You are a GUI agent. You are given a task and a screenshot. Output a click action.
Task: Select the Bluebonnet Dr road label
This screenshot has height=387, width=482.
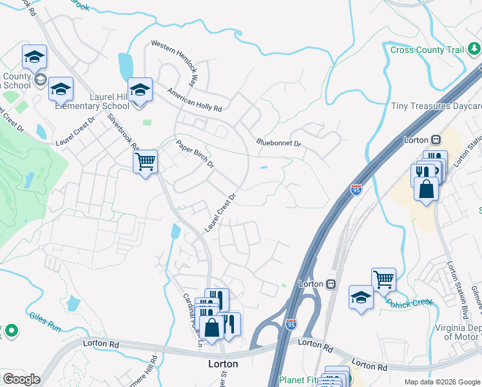pos(278,142)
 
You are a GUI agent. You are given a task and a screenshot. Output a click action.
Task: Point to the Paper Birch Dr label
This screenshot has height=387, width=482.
pos(195,155)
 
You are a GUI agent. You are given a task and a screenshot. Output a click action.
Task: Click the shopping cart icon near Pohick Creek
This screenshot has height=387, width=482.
pos(383,279)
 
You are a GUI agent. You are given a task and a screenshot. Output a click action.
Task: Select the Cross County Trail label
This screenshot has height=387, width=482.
pos(427,50)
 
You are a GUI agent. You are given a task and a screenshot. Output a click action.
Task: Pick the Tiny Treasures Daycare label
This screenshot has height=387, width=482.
pos(436,106)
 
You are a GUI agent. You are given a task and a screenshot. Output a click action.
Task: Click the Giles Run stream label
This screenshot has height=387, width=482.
pos(44,321)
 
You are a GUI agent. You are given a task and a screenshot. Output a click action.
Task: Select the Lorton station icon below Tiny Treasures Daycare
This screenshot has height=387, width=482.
pos(436,139)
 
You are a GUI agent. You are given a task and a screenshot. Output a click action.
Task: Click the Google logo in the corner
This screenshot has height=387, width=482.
pos(21,379)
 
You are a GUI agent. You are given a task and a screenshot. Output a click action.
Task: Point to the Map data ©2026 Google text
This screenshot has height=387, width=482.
pos(441,382)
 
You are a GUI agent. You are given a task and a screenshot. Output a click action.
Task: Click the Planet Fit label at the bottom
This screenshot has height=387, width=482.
pos(299,381)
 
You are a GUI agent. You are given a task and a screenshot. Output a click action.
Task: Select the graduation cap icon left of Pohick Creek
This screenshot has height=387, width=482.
pos(361,297)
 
